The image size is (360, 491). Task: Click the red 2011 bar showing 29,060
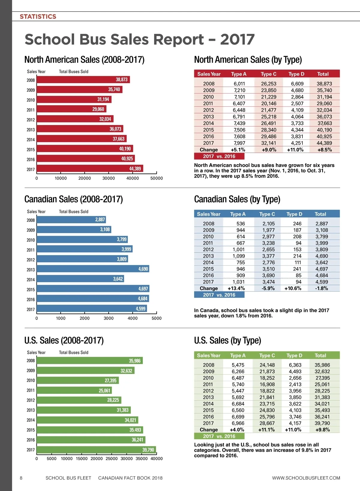coord(71,109)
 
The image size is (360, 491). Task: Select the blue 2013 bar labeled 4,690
coord(93,269)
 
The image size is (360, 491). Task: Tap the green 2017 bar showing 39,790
coord(96,450)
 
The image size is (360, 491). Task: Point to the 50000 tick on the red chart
coord(157,178)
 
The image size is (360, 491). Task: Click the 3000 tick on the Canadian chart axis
coord(109,318)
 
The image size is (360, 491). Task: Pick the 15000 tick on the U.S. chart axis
coord(82,458)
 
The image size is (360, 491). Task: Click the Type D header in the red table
coord(296,74)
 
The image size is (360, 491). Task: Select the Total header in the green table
coord(320,356)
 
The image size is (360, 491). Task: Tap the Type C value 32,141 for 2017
coord(268,143)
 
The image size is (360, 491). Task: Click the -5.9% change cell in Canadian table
coord(268,288)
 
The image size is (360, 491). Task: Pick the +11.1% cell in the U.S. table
coord(266,430)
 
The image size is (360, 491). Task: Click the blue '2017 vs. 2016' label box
coord(219,295)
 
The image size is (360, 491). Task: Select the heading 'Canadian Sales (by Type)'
coord(237,199)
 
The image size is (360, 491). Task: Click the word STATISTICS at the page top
coord(38,16)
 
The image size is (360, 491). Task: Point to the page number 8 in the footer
coord(21,478)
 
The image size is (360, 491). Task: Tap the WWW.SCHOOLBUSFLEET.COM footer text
coord(306,478)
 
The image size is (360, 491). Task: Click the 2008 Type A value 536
coord(241,224)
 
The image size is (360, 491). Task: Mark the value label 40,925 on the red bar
coord(127,159)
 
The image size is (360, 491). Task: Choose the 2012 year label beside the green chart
coord(31,400)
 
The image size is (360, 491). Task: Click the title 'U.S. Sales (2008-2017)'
coord(64,341)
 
